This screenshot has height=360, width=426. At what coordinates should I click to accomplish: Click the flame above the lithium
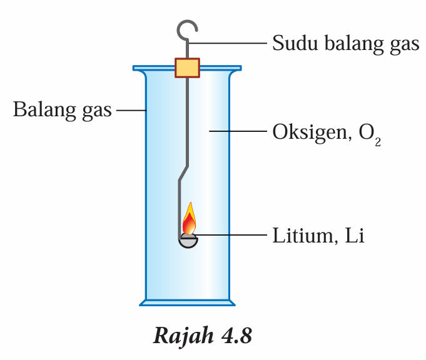pyautogui.click(x=189, y=220)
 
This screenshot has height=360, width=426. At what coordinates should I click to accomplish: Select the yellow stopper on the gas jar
pyautogui.click(x=187, y=67)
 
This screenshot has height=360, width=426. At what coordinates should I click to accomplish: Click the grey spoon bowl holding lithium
pyautogui.click(x=188, y=241)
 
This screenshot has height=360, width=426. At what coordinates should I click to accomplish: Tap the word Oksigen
pyautogui.click(x=303, y=132)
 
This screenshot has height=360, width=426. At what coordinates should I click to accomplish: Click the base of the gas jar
pyautogui.click(x=187, y=303)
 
